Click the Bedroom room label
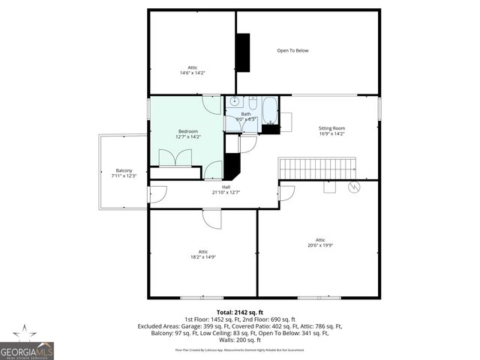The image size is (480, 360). point(188,131)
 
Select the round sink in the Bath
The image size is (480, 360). point(234,100)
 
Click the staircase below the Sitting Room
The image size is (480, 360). point(316,168)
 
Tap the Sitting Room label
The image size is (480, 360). point(331,128)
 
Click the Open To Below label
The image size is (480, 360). point(292,50)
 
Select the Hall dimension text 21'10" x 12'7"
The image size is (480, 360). point(226,192)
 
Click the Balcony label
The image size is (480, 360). point(124,170)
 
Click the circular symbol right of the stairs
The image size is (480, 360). point(355,186)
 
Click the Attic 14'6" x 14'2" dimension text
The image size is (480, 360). point(193,73)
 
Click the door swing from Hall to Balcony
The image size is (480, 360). point(157,194)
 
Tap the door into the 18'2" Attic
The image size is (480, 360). point(213,218)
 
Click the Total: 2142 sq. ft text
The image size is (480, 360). point(240,312)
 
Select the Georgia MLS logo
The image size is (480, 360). point(27,343)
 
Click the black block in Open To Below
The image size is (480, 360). point(242,52)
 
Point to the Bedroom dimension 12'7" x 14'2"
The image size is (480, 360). point(188,137)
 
